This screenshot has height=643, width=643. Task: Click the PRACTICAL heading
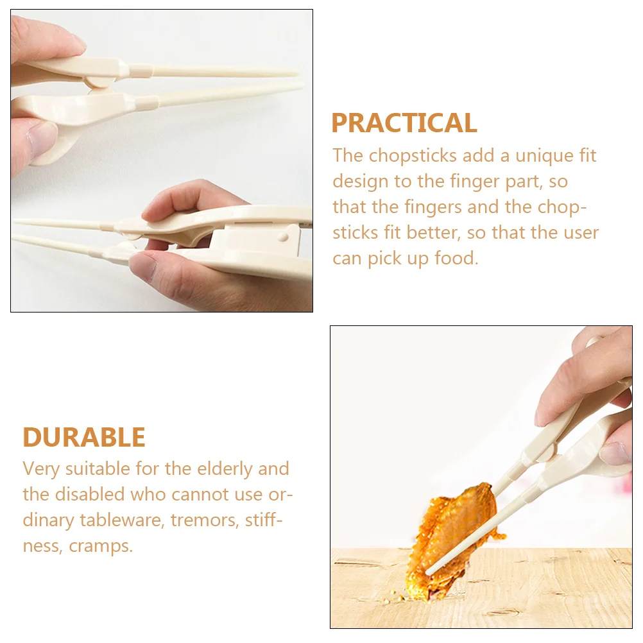coord(404,123)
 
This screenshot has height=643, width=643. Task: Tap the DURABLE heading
coord(84,438)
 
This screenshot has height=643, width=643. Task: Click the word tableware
coord(122,520)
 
